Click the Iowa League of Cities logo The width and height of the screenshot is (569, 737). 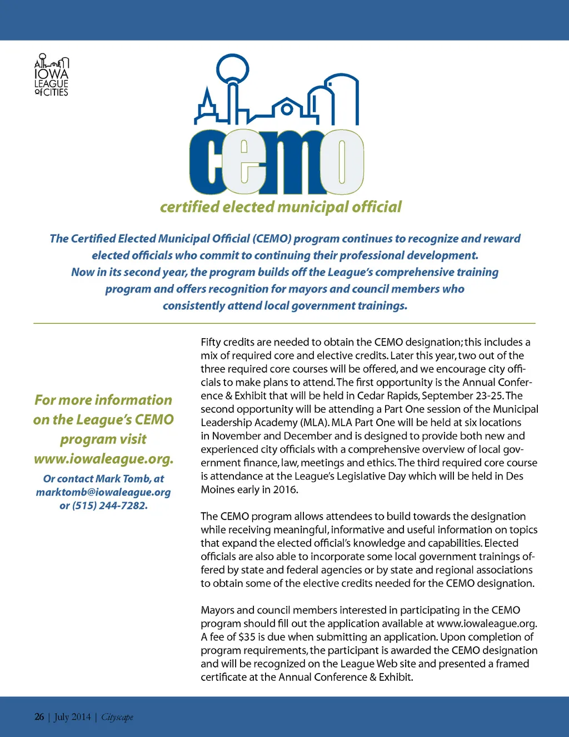click(x=51, y=76)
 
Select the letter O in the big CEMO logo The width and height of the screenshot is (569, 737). click(x=341, y=162)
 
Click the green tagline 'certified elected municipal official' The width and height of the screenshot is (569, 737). click(x=281, y=207)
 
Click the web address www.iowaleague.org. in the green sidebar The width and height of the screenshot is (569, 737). click(x=103, y=459)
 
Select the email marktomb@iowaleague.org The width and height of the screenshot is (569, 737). click(x=103, y=492)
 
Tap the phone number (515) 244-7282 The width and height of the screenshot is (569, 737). click(x=110, y=506)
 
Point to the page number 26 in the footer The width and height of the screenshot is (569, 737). click(x=39, y=717)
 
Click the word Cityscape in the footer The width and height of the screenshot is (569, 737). click(x=117, y=717)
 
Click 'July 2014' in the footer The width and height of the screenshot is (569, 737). click(x=72, y=717)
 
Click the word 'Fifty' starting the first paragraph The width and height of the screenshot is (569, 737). click(x=211, y=342)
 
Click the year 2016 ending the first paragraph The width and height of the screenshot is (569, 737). click(x=287, y=489)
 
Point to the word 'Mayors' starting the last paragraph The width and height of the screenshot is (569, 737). click(x=217, y=610)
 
